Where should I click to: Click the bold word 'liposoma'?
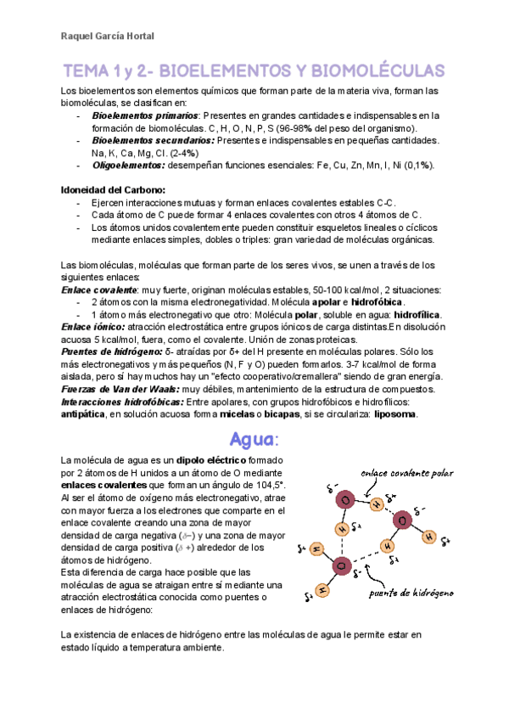393,413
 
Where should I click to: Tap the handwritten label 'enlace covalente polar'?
406,473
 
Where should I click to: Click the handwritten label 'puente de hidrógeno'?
411,592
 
